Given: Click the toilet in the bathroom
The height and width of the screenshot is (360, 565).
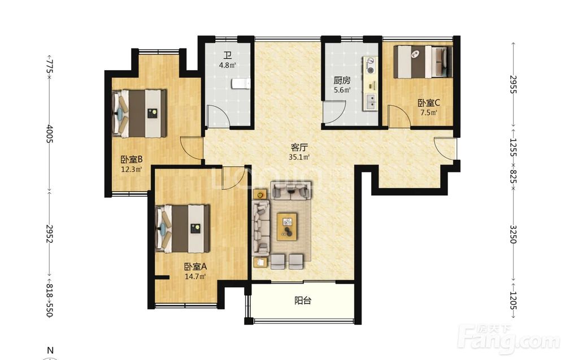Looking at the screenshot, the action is point(241,84).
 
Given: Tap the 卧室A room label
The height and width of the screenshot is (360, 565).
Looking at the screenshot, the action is point(195,267).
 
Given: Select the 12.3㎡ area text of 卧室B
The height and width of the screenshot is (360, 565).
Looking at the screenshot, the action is point(131,170).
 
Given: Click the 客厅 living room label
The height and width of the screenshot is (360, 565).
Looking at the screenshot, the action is point(299,148).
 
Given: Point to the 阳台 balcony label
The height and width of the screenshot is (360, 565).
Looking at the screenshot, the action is point(302,301).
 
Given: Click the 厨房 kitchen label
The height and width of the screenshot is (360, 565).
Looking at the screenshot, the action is point(342,80).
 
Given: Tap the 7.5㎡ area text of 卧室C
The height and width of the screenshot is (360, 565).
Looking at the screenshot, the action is point(428,112).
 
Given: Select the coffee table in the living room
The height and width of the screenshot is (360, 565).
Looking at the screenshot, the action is point(287,227).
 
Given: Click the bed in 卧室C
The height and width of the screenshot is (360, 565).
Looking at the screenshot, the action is point(422,61).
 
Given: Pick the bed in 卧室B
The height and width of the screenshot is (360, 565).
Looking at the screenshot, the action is point(139,114).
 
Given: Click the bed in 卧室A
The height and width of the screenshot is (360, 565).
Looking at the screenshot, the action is point(182,229).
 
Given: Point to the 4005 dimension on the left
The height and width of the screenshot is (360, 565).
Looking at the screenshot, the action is point(50,134).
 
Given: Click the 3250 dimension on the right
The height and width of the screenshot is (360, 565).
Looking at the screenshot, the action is point(513,234).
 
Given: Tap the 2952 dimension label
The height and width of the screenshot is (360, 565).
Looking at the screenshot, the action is point(50,234).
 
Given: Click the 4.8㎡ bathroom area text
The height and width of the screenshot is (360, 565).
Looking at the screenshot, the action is point(227,66).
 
